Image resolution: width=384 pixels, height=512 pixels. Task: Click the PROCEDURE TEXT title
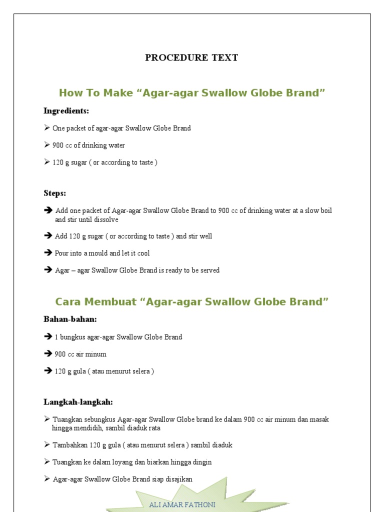tap(191, 57)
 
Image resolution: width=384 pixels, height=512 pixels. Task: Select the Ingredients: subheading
tap(66, 110)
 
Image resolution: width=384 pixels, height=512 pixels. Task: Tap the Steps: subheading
tap(55, 193)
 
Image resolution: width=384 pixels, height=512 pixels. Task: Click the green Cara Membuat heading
tap(192, 301)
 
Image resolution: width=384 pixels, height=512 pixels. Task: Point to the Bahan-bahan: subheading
tap(70, 319)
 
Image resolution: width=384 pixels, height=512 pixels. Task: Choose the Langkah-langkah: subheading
tap(78, 402)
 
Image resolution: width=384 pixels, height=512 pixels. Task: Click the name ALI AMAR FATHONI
tap(182, 504)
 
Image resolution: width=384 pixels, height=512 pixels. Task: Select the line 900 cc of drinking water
tap(88, 145)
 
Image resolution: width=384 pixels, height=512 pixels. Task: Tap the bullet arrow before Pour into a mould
tap(48, 253)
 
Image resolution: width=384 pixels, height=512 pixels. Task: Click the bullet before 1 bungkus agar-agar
tap(48, 337)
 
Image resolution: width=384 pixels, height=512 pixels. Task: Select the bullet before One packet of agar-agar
tap(47, 128)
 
